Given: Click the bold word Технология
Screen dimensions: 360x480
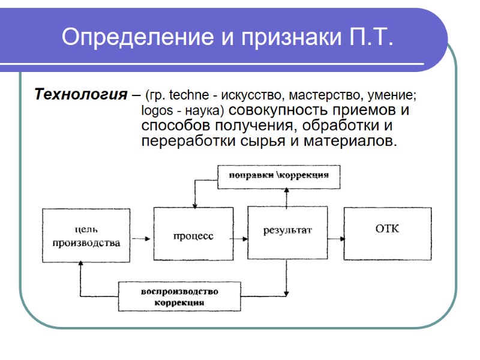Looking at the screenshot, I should [x=80, y=95].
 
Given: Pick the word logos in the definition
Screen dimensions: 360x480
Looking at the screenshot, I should [x=156, y=111].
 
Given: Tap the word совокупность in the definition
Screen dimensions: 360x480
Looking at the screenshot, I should [x=278, y=111].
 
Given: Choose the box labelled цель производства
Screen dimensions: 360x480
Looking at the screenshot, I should [x=86, y=235].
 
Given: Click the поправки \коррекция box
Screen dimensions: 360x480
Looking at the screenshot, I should [x=278, y=176].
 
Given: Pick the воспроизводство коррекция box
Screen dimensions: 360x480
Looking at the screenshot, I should [x=179, y=296].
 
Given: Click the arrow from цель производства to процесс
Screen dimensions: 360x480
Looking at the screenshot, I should [x=141, y=238].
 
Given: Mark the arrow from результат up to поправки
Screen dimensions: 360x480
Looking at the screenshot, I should [x=287, y=197].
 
